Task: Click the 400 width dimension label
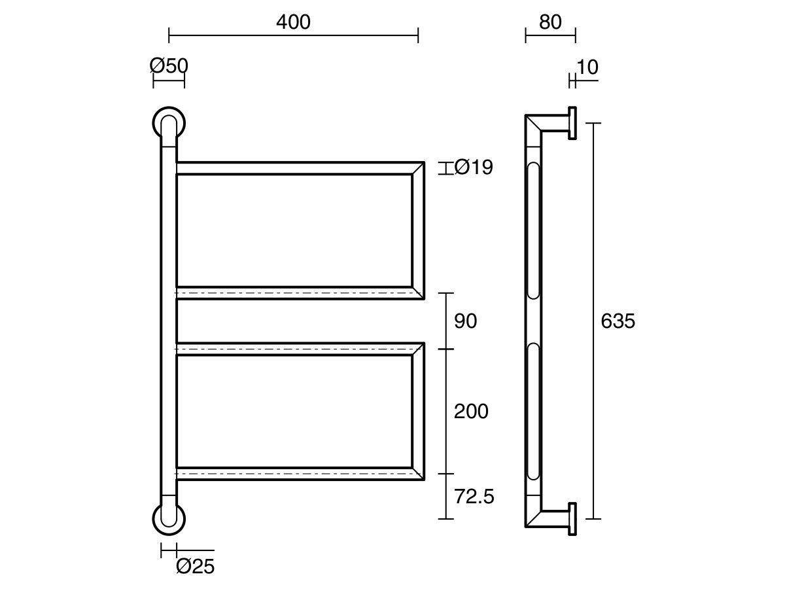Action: (293, 22)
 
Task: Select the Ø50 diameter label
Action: (169, 65)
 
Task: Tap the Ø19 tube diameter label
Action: (474, 168)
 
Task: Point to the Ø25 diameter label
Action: (195, 566)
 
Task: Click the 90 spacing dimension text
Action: (466, 321)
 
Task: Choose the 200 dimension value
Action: (471, 412)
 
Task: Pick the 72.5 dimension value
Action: (474, 497)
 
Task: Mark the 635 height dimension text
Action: (618, 321)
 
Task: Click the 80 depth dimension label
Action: (550, 22)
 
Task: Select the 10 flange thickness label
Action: (587, 67)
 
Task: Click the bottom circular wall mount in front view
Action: (169, 519)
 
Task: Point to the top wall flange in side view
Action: (572, 123)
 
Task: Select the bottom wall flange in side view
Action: (572, 519)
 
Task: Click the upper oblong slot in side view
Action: (534, 230)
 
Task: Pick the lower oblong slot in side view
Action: (534, 413)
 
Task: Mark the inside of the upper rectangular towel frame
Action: (294, 230)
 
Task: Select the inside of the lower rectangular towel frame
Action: (294, 411)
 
